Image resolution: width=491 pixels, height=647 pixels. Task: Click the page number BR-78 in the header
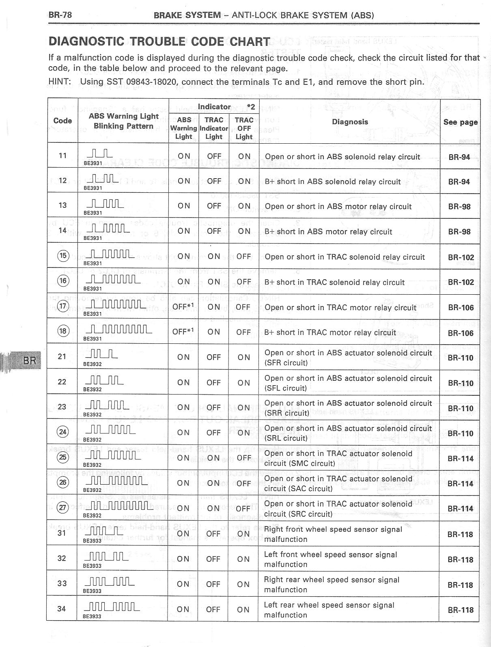point(60,15)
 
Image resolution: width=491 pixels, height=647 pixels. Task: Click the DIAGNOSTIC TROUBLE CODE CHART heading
point(159,41)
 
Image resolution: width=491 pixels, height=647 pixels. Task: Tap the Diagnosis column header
point(350,122)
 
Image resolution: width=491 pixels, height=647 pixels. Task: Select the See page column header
point(460,122)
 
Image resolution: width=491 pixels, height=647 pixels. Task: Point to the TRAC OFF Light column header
point(244,128)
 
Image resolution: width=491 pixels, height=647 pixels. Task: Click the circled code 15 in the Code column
point(63,256)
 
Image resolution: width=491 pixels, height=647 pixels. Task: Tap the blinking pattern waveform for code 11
point(100,154)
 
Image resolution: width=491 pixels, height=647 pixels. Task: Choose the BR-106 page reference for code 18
point(461,333)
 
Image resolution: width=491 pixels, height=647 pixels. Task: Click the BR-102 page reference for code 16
point(461,282)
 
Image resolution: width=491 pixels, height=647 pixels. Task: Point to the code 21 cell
point(62,356)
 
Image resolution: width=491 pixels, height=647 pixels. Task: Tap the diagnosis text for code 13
point(338,207)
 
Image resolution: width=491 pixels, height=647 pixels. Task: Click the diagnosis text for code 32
point(330,559)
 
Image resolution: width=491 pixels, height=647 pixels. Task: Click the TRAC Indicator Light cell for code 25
point(213,458)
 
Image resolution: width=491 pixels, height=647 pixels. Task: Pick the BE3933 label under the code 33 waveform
point(92,591)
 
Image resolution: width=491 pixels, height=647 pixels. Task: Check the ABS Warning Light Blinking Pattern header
point(123,121)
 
